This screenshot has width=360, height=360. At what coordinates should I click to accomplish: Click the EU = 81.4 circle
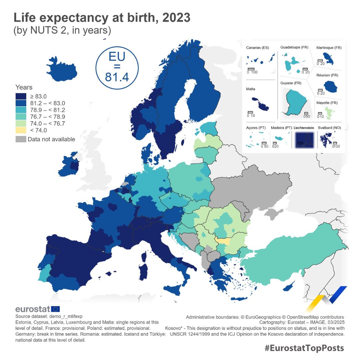tap(117, 67)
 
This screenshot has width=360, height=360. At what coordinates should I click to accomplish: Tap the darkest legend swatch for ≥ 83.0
tap(21, 96)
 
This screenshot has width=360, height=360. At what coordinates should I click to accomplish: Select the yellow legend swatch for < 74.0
tap(21, 130)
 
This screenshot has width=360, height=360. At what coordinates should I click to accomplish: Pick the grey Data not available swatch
tap(21, 139)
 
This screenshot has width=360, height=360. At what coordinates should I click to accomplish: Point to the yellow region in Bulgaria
tap(222, 240)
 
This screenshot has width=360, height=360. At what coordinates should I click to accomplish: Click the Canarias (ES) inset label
tap(257, 48)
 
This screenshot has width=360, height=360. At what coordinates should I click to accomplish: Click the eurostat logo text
tap(32, 309)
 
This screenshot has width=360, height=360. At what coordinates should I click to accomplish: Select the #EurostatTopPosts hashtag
tap(304, 348)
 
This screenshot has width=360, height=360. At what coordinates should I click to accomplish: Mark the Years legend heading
tap(24, 87)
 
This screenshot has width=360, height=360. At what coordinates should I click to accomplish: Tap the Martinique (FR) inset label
tap(329, 48)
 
